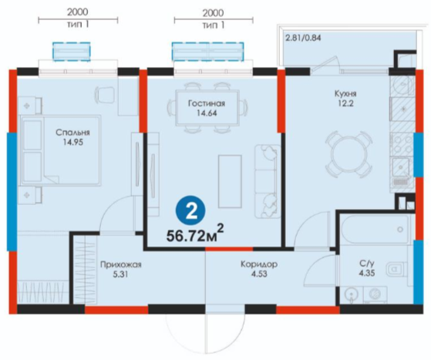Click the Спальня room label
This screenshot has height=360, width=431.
72,133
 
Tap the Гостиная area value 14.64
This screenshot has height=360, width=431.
207,113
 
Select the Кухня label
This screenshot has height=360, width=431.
345,93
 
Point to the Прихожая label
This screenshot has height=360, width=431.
121,264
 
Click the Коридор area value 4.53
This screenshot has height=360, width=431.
259,274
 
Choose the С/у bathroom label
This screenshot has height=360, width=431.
367,264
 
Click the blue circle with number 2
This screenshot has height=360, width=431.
190,210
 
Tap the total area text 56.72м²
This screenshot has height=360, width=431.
195,234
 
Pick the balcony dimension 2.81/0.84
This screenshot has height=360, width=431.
303,38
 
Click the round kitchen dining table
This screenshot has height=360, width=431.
349,154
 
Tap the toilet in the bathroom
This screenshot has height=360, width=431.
396,269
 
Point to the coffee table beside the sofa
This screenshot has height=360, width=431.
230,181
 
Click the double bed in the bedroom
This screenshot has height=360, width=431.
60,150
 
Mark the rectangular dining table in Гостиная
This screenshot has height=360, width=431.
207,108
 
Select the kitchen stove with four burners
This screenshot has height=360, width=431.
402,144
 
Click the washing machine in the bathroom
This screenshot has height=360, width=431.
375,294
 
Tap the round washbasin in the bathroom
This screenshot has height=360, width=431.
351,294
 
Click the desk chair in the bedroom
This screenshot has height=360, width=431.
105,95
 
